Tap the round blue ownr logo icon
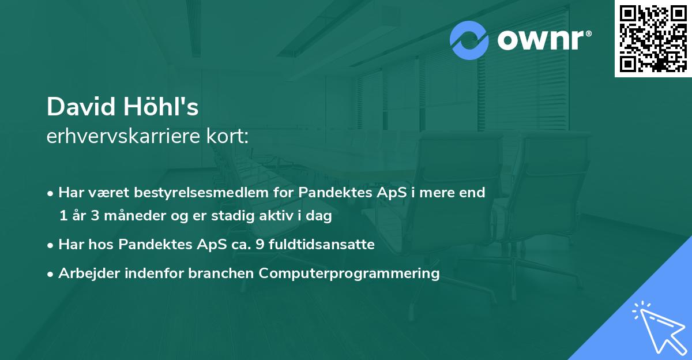tap(469, 40)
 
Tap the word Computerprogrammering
tap(349, 273)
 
